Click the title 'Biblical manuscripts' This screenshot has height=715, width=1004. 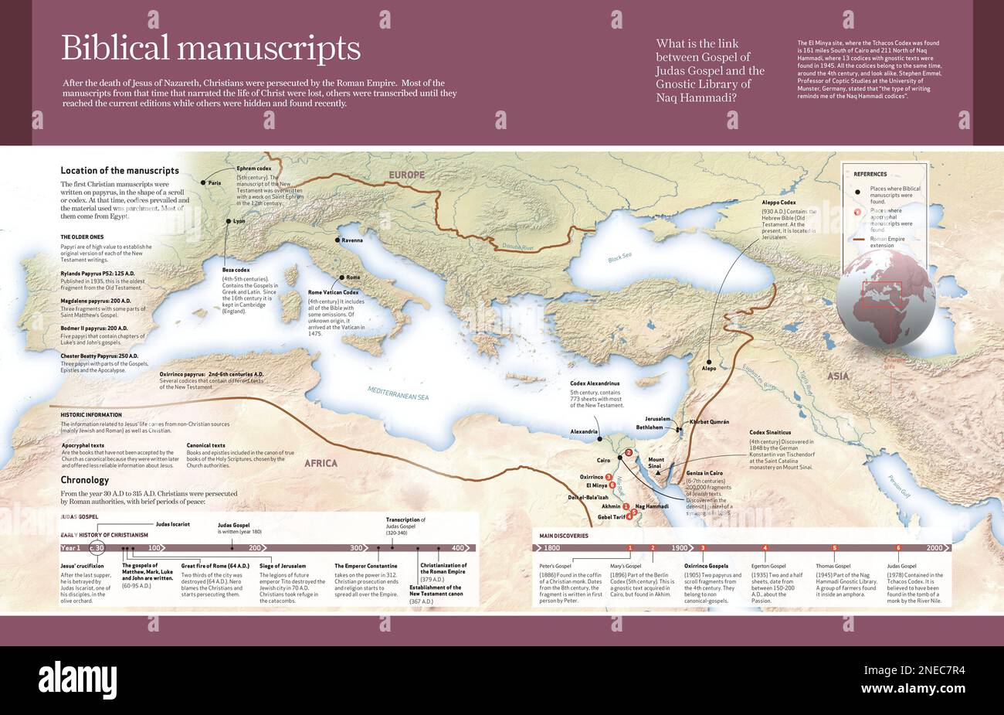[x=211, y=48]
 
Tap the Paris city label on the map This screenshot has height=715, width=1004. [x=215, y=183]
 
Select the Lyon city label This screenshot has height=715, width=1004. [x=239, y=221]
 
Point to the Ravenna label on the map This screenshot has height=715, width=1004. [x=352, y=240]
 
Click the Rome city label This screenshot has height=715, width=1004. [x=353, y=277]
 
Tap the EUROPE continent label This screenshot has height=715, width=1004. [x=406, y=175]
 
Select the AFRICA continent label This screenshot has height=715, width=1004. [x=321, y=463]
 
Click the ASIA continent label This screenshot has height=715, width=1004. [x=838, y=376]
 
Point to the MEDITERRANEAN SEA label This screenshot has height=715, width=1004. [x=398, y=393]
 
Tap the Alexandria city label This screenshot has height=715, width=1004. [x=584, y=431]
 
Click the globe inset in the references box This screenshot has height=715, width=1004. [x=884, y=298]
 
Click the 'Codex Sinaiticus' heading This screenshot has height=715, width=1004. [x=770, y=432]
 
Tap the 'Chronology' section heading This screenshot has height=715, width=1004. [x=85, y=480]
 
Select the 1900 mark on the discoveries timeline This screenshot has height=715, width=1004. [x=680, y=547]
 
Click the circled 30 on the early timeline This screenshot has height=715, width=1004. [x=97, y=547]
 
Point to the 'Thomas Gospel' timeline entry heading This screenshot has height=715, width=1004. [x=833, y=566]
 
